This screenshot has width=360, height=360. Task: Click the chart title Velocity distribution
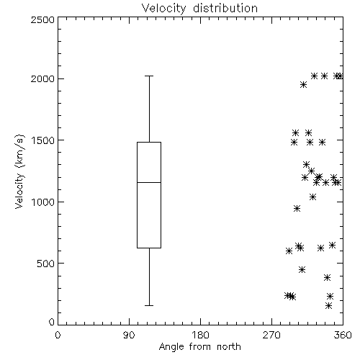click(199, 9)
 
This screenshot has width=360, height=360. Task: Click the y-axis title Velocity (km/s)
click(19, 171)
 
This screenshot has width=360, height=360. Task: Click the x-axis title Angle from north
click(200, 347)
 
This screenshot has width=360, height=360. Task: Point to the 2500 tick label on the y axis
click(42, 19)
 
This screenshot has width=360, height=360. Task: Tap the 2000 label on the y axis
click(42, 78)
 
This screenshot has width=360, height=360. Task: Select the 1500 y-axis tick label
click(43, 140)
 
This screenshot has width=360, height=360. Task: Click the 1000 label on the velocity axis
click(43, 202)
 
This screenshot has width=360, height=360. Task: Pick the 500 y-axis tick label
click(46, 264)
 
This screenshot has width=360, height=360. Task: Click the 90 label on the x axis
click(129, 335)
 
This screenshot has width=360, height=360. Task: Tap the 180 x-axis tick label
click(200, 335)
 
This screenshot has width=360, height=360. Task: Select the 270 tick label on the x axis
click(271, 335)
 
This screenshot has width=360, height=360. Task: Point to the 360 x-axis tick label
click(343, 335)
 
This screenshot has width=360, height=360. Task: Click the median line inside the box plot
click(149, 182)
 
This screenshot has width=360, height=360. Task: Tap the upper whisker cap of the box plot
click(149, 76)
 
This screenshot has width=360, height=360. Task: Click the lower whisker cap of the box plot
click(149, 305)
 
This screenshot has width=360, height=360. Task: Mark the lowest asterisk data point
click(329, 305)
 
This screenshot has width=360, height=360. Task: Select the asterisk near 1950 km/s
click(303, 84)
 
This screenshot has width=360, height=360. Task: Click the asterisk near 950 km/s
click(297, 208)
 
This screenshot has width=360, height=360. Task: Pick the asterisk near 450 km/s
click(302, 269)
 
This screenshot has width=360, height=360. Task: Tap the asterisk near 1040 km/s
click(312, 197)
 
